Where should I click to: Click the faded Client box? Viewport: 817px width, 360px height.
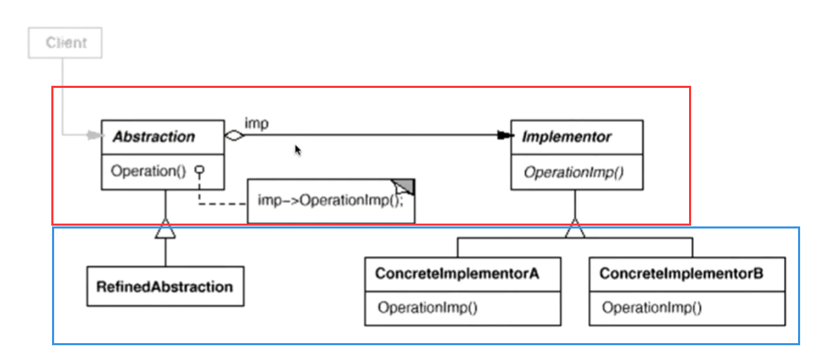pyautogui.click(x=65, y=43)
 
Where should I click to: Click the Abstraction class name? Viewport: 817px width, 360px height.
pyautogui.click(x=154, y=137)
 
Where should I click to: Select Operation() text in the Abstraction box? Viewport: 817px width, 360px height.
pyautogui.click(x=148, y=172)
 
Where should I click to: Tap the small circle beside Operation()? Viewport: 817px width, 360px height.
pyautogui.click(x=199, y=170)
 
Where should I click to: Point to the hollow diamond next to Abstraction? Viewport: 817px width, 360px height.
pyautogui.click(x=234, y=136)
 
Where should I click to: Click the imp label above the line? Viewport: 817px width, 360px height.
pyautogui.click(x=257, y=124)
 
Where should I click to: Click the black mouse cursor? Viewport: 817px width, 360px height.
pyautogui.click(x=298, y=150)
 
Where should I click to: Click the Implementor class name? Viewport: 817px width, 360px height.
pyautogui.click(x=567, y=137)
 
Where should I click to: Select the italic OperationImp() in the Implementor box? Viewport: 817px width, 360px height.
pyautogui.click(x=573, y=172)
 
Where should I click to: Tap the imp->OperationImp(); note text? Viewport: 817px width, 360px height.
pyautogui.click(x=330, y=200)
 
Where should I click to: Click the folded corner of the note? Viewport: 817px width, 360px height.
pyautogui.click(x=404, y=186)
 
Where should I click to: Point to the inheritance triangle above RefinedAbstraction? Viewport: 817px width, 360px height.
pyautogui.click(x=165, y=229)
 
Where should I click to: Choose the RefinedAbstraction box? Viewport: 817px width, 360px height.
pyautogui.click(x=165, y=286)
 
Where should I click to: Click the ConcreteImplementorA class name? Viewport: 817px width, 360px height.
pyautogui.click(x=457, y=273)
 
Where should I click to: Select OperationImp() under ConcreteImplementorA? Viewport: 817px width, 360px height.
pyautogui.click(x=427, y=307)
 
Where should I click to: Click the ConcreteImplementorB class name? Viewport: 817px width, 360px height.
pyautogui.click(x=681, y=273)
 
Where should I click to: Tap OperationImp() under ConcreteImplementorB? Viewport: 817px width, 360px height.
pyautogui.click(x=652, y=307)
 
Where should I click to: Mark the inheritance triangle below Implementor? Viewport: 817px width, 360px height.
pyautogui.click(x=574, y=229)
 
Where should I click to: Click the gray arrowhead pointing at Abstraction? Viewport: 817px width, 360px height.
pyautogui.click(x=96, y=136)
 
